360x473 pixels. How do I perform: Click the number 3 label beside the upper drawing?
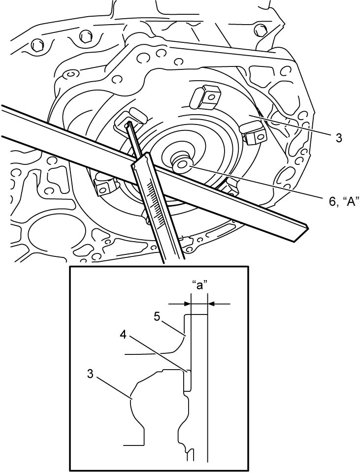coord(339,138)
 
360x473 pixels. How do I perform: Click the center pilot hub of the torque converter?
coord(182,163)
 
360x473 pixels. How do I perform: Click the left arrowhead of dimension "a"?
coord(188,304)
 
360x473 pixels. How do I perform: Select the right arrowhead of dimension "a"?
coord(211,304)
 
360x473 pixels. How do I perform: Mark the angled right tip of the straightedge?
coord(307,226)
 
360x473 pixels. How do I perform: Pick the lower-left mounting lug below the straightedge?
coord(104,186)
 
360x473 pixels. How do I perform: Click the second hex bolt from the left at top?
coord(85,37)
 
